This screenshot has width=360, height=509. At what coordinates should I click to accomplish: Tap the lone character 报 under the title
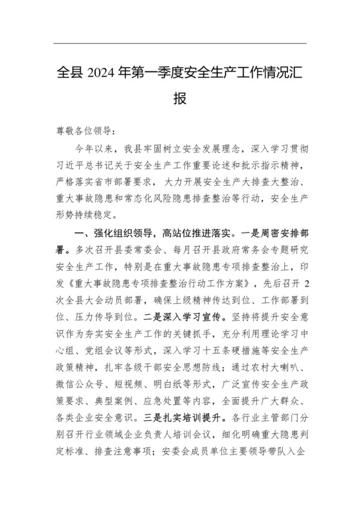point(180,100)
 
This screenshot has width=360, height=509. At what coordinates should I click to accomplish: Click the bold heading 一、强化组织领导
point(116,230)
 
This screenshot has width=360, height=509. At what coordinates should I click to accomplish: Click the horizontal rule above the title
point(180,43)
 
